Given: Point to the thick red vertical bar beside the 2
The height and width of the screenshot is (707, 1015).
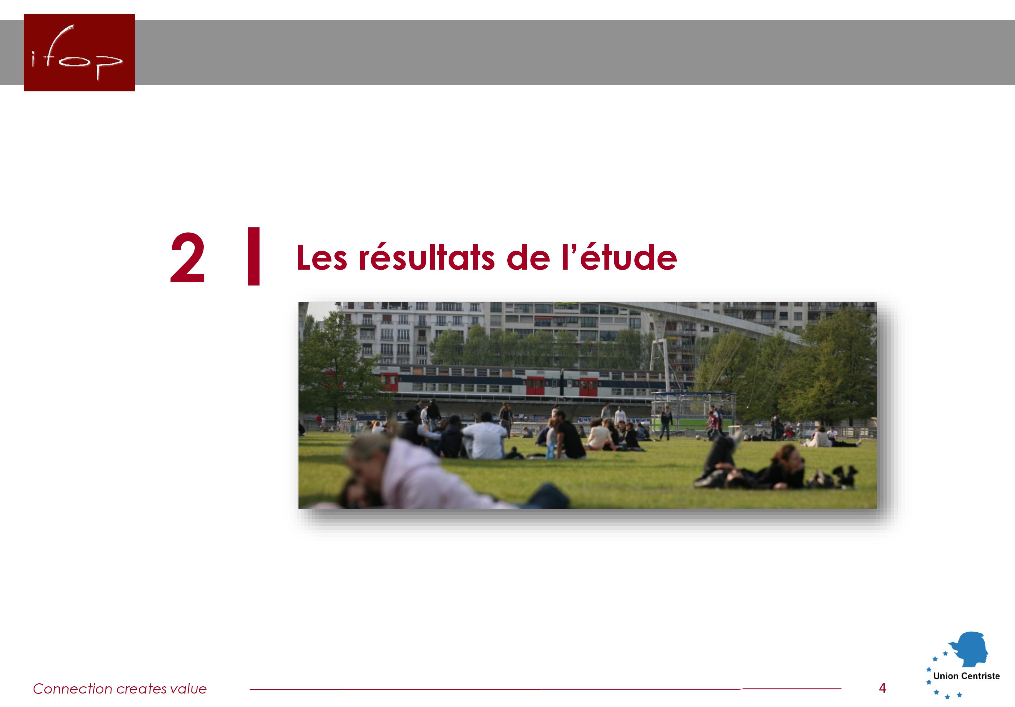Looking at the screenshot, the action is pos(254,256).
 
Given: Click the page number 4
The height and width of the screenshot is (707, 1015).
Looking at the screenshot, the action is pos(882,688).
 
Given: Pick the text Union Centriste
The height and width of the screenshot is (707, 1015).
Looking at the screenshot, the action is pos(966,676).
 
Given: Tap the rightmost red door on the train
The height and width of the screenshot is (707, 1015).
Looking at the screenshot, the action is pos(588,387).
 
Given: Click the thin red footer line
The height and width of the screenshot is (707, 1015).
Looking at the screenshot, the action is pos(545,689).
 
